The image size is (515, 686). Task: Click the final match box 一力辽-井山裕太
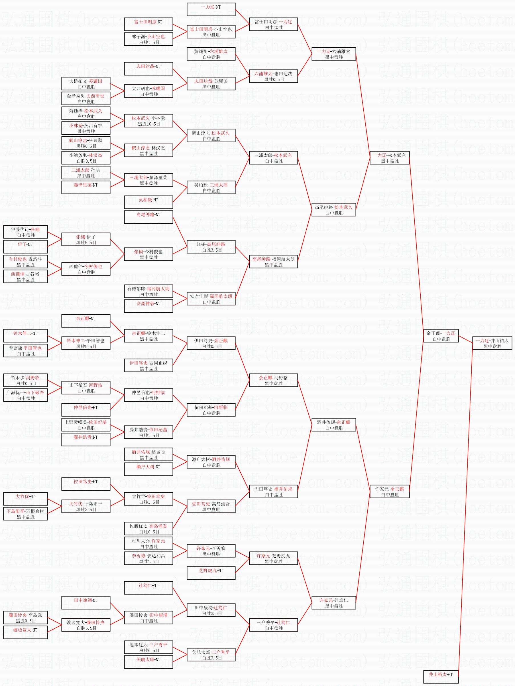pyautogui.click(x=492, y=343)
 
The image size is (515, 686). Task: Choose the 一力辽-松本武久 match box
pyautogui.click(x=390, y=158)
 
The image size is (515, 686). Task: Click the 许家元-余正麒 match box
pyautogui.click(x=390, y=491)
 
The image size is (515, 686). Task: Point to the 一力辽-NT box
pyautogui.click(x=211, y=9)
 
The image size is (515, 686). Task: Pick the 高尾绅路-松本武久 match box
pyautogui.click(x=334, y=210)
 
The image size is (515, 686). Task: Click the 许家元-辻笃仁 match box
pyautogui.click(x=334, y=603)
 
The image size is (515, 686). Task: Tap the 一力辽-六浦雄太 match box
pyautogui.click(x=334, y=54)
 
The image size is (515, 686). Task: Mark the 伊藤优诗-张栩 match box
pyautogui.click(x=25, y=232)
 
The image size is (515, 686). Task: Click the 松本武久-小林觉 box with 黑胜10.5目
pyautogui.click(x=148, y=121)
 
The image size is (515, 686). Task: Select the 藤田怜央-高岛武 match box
pyautogui.click(x=25, y=618)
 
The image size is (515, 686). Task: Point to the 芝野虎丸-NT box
pyautogui.click(x=211, y=573)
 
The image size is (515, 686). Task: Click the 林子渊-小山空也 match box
pyautogui.click(x=148, y=39)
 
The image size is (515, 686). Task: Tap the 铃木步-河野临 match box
pyautogui.click(x=25, y=380)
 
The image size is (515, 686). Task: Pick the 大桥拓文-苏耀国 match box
pyautogui.click(x=86, y=83)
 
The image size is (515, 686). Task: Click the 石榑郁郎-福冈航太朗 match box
pyautogui.click(x=148, y=291)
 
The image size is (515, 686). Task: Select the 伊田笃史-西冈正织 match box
pyautogui.click(x=148, y=365)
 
